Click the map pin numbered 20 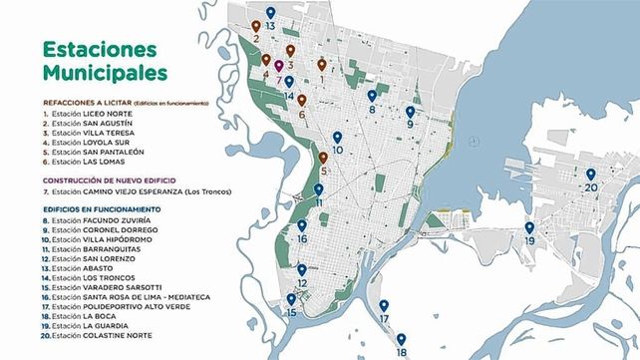591,175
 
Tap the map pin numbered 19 529,228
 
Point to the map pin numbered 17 384,306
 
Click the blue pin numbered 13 270,12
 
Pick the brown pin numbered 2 256,27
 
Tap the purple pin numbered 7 279,66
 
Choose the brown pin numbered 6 301,101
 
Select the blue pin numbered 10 337,138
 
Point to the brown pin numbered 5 323,158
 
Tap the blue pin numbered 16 302,227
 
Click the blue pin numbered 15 291,299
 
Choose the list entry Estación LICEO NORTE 82,114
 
